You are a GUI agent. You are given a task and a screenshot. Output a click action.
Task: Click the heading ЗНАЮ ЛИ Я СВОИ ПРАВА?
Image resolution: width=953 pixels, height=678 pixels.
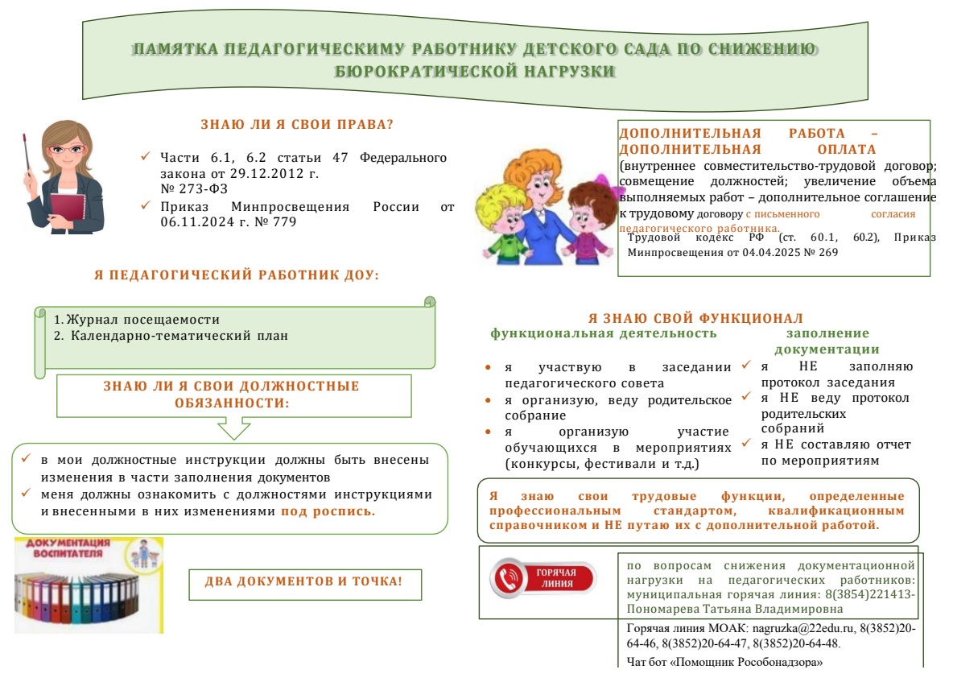click(x=296, y=125)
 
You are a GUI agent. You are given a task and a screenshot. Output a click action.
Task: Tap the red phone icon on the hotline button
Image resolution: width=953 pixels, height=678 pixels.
click(x=508, y=578)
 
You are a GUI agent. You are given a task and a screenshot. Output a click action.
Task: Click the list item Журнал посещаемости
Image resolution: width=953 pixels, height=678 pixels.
click(x=142, y=320)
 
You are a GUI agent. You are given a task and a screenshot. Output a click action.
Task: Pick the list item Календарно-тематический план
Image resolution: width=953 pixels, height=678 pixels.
click(x=178, y=335)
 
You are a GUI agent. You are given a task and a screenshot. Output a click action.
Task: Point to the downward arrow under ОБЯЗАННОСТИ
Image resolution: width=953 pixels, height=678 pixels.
click(x=234, y=428)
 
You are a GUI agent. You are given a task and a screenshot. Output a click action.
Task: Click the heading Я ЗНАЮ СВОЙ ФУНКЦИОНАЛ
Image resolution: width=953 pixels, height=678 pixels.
click(x=695, y=318)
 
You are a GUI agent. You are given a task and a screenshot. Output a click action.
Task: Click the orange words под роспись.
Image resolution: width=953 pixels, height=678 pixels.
click(x=328, y=511)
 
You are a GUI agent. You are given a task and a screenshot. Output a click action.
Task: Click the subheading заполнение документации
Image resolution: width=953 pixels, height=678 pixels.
click(x=827, y=341)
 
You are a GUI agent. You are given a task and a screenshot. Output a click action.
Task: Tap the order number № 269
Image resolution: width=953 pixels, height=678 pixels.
click(x=819, y=252)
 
